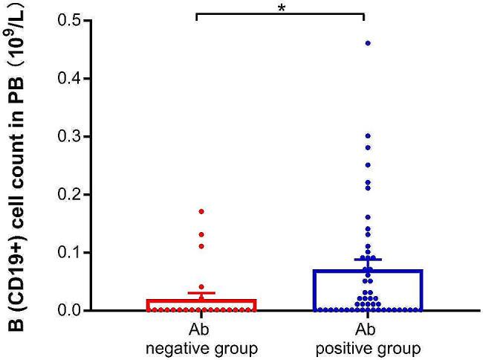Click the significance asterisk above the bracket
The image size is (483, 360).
[281, 7]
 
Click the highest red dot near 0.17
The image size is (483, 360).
[201, 211]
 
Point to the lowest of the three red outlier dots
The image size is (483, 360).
[201, 246]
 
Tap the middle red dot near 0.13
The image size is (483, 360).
[201, 234]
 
